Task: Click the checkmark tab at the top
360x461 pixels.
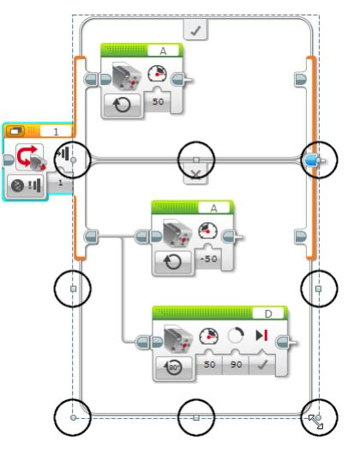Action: tap(195, 32)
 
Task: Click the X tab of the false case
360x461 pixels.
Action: tap(195, 175)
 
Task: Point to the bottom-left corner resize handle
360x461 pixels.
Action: tap(73, 417)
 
